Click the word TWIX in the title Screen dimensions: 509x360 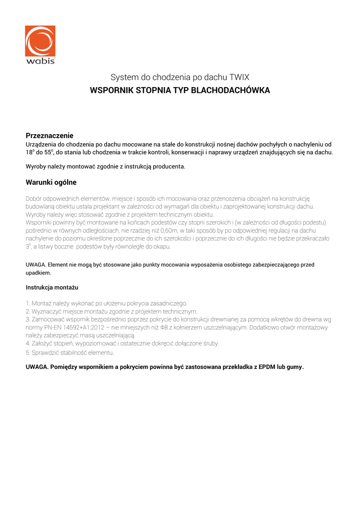239,78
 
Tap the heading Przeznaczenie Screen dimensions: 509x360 50,135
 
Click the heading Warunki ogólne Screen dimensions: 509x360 51,182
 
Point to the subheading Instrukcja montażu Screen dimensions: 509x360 52,287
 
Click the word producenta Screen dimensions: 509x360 171,166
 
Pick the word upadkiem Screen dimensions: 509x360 38,273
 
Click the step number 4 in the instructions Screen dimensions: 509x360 27,343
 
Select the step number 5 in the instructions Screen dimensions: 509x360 27,353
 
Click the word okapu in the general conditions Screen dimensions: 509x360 162,247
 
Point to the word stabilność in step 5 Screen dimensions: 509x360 76,353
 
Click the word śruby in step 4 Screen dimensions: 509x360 209,343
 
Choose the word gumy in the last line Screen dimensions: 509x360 294,367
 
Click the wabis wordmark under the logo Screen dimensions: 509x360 40,61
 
